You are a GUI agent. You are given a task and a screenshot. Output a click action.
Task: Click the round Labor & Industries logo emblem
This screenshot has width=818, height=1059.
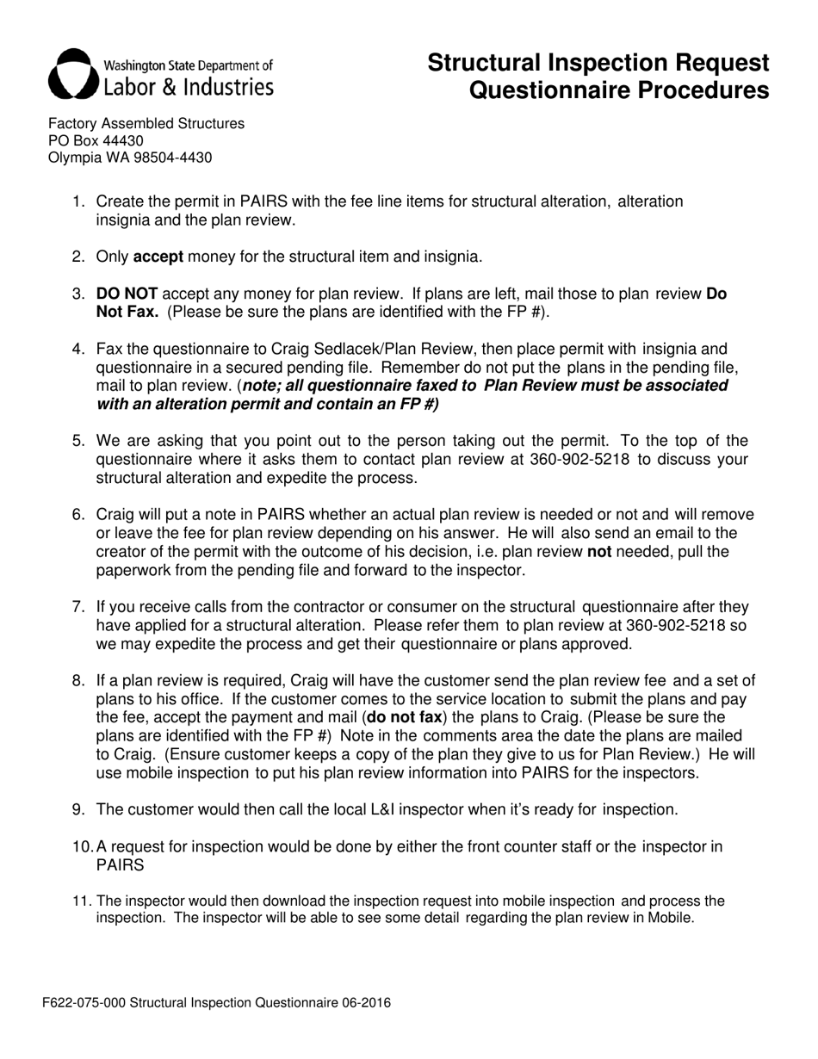72,73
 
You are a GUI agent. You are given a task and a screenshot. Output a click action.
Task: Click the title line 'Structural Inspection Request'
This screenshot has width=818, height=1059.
598,63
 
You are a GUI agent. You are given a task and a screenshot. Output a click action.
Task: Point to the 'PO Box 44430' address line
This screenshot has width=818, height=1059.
96,140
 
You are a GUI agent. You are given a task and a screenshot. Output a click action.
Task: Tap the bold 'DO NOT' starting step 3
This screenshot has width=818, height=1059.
127,294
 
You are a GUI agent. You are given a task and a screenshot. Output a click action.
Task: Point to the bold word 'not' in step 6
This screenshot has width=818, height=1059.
599,551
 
